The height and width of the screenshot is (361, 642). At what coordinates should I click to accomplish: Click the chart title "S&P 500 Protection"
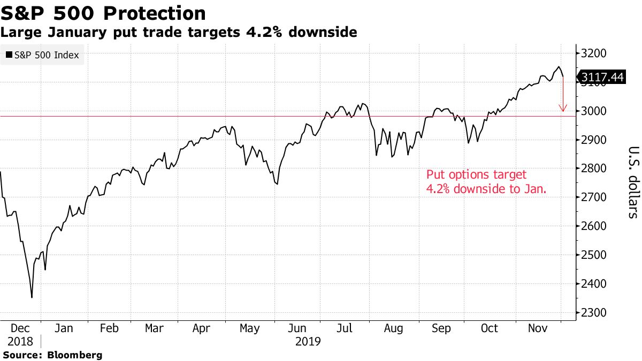click(103, 13)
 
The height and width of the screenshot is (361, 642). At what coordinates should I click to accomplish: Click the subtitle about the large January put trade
click(178, 33)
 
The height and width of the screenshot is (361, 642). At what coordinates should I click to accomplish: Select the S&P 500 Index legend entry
click(42, 55)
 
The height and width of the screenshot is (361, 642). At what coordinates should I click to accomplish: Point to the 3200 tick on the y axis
click(595, 53)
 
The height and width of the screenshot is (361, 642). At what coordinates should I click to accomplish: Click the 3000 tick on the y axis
click(595, 111)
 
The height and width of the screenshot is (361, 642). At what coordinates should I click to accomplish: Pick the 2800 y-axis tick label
click(595, 168)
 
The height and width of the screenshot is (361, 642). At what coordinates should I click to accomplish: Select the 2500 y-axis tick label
click(595, 255)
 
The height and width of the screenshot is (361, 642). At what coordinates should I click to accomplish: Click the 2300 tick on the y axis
click(595, 313)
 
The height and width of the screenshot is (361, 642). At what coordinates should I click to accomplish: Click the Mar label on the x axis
click(154, 328)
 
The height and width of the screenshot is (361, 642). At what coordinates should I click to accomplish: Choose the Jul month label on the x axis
click(345, 328)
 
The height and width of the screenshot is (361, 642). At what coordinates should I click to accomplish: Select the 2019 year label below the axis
click(308, 341)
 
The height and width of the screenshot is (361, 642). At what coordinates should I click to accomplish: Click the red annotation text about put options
click(486, 181)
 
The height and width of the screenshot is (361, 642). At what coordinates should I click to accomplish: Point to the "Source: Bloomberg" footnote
click(52, 355)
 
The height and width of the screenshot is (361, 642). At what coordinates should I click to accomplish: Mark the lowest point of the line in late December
click(32, 297)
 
